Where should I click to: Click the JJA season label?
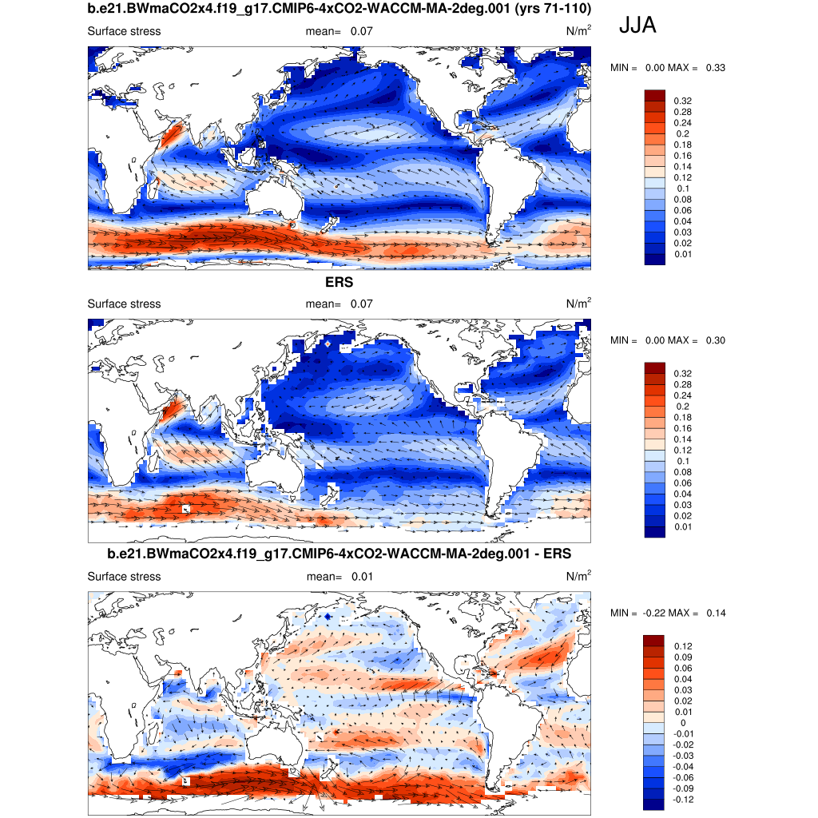637,26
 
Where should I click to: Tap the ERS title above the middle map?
339,282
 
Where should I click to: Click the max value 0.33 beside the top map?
715,68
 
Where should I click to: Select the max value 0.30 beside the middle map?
715,340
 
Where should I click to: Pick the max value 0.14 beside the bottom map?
715,613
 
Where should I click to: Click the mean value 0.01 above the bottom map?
361,576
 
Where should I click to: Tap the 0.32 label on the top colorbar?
682,101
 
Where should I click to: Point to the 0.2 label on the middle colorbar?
682,406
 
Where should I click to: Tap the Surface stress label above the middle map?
124,304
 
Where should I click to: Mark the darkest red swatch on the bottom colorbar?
655,640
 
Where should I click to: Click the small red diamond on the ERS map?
328,343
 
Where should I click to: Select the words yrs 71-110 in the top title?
556,10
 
